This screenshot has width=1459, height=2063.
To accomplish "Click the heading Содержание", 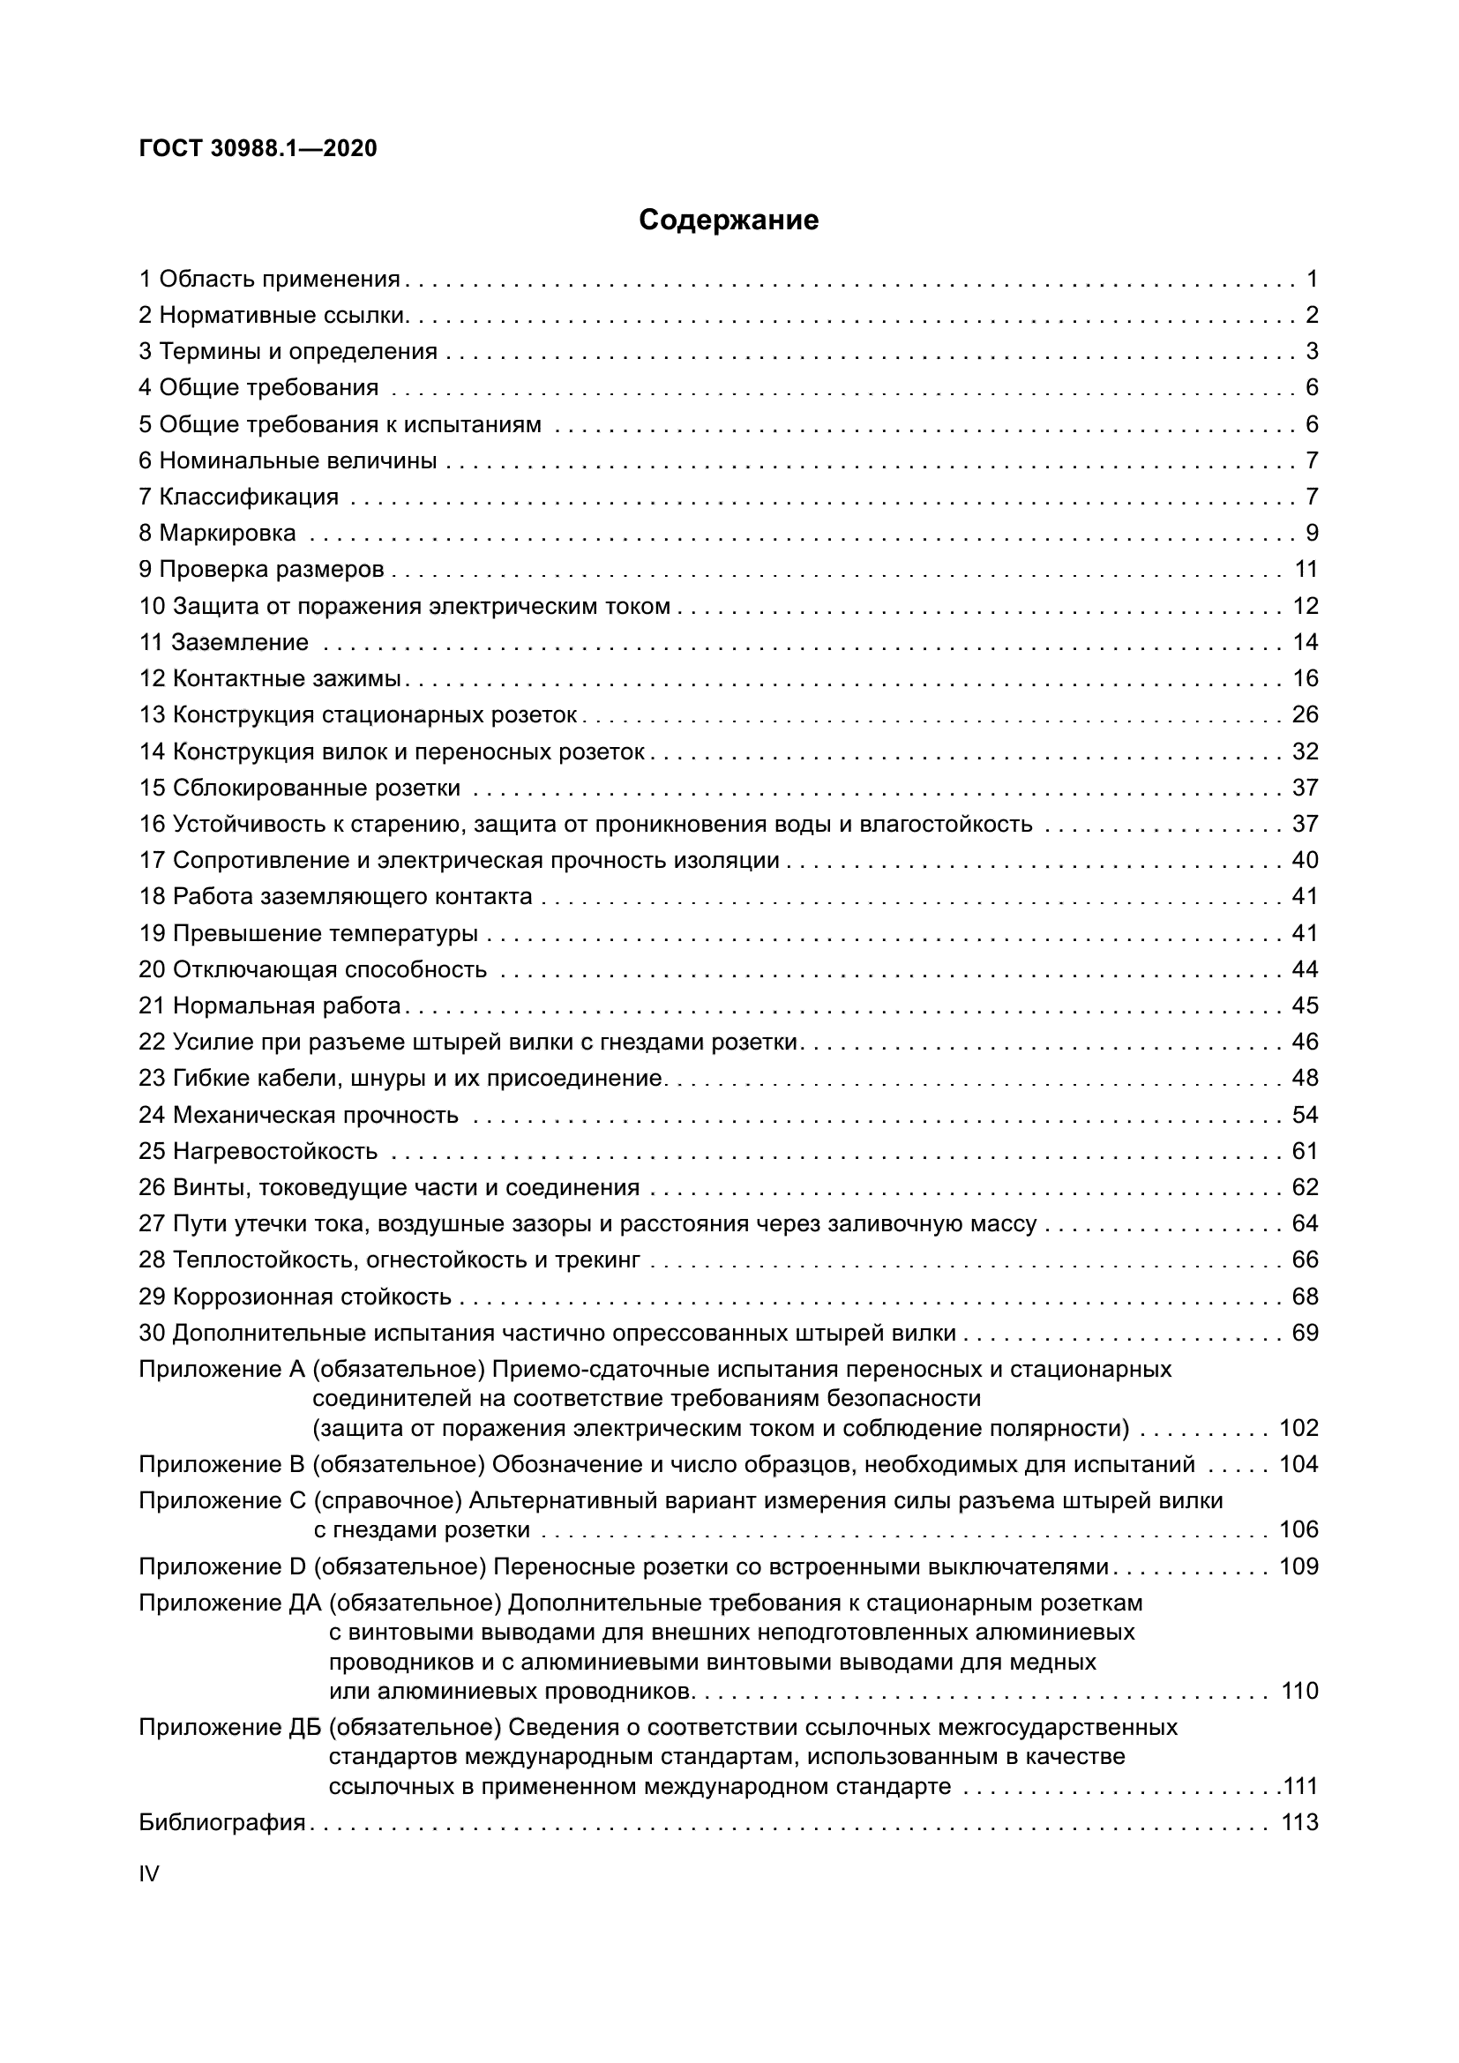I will tap(729, 221).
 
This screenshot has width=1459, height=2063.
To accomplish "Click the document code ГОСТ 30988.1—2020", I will tap(258, 149).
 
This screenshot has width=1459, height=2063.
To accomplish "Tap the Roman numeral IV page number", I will tap(149, 1873).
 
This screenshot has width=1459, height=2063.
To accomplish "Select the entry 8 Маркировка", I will tap(217, 533).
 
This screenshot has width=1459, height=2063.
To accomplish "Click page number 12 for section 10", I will tap(1306, 606).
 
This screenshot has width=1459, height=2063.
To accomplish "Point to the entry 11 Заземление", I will tap(224, 642).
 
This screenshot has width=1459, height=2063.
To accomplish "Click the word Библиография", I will tap(222, 1822).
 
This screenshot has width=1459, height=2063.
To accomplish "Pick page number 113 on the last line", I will tap(1299, 1822).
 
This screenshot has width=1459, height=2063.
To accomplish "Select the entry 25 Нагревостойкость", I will tap(258, 1151).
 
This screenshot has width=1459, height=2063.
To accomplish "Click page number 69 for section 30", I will tap(1306, 1333).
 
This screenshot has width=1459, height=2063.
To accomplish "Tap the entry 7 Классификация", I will tap(238, 497).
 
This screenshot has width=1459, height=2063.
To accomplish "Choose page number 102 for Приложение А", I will tap(1299, 1428).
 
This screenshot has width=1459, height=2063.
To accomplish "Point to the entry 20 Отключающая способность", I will tap(312, 969).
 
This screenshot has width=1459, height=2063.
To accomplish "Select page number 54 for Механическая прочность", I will tap(1306, 1115).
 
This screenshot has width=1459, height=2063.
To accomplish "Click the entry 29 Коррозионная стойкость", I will tap(295, 1297).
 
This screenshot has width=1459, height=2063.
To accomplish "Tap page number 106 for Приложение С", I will tap(1299, 1529).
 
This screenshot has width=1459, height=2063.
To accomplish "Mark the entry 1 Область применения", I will tap(270, 280).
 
